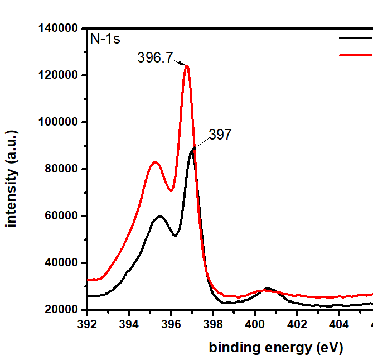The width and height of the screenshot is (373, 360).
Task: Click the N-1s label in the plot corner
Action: pyautogui.click(x=106, y=39)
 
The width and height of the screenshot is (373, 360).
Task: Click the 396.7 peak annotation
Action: pyautogui.click(x=155, y=57)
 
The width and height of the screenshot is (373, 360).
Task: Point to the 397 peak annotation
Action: pyautogui.click(x=220, y=134)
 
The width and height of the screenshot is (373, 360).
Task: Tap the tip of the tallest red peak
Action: pyautogui.click(x=187, y=66)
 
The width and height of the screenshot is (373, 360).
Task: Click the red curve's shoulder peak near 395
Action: pyautogui.click(x=154, y=162)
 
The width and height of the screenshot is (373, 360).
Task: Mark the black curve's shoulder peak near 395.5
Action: pyautogui.click(x=160, y=216)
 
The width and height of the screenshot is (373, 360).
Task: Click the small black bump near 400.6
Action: pyautogui.click(x=268, y=289)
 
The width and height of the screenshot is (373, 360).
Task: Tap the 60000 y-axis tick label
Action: pyautogui.click(x=62, y=216)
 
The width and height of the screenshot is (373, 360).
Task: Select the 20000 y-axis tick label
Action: pyautogui.click(x=62, y=310)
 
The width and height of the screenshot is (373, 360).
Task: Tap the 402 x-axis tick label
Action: pyautogui.click(x=297, y=324)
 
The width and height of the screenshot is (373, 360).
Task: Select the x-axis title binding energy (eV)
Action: pyautogui.click(x=276, y=348)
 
